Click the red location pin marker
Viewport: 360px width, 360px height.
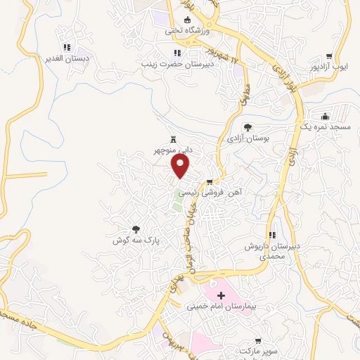click(181, 165)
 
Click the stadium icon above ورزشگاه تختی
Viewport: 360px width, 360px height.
click(187, 20)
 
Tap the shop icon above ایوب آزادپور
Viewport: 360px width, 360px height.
click(329, 56)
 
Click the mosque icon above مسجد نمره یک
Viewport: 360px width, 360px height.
click(324, 116)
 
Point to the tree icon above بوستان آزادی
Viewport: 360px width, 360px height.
click(247, 127)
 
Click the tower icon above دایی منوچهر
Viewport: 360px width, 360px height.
click(173, 139)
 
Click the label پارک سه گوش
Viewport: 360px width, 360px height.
click(136, 240)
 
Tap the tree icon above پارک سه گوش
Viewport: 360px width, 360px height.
click(136, 229)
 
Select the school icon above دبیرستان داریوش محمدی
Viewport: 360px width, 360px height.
click(272, 235)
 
